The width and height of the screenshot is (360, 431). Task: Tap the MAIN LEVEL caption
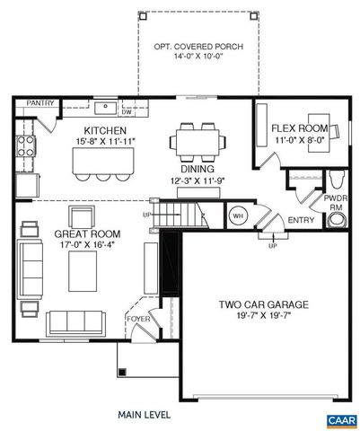(145, 416)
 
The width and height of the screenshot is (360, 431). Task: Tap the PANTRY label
(39, 102)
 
